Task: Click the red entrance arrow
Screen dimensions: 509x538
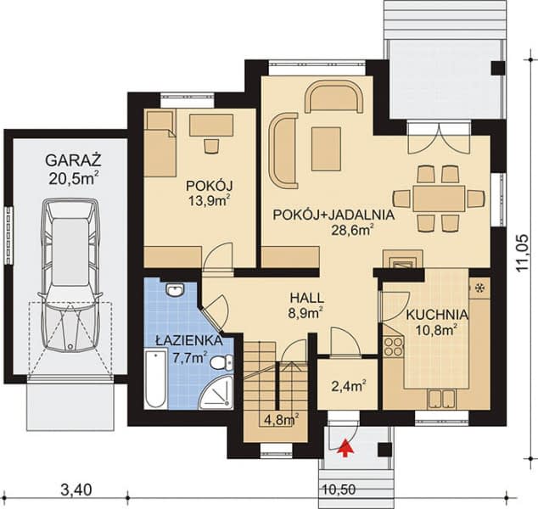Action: [x=346, y=449]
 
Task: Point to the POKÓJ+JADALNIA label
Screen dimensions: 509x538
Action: [x=333, y=215]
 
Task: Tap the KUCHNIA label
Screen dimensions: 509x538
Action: [x=432, y=313]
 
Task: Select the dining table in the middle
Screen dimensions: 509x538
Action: [x=439, y=199]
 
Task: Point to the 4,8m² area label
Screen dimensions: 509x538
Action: [x=280, y=419]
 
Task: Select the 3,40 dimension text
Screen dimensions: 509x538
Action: [x=76, y=489]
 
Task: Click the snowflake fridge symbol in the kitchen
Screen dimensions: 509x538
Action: [x=479, y=288]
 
